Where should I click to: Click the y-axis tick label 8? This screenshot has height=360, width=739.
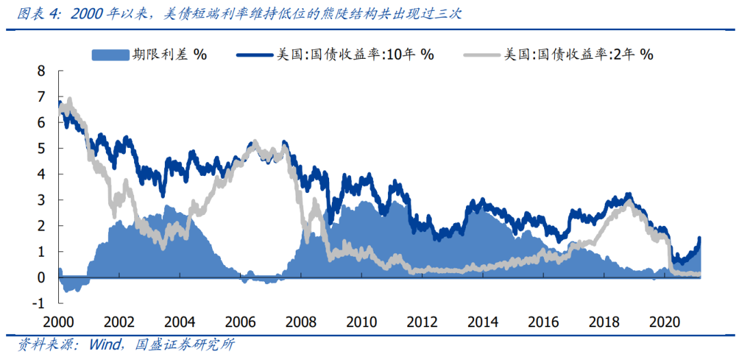(x=41, y=70)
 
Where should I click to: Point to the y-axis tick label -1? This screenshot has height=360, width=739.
(x=38, y=304)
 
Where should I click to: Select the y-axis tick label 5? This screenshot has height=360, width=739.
(x=41, y=149)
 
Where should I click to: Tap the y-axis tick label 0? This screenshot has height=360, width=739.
(x=41, y=278)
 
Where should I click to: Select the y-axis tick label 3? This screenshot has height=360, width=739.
(x=41, y=200)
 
